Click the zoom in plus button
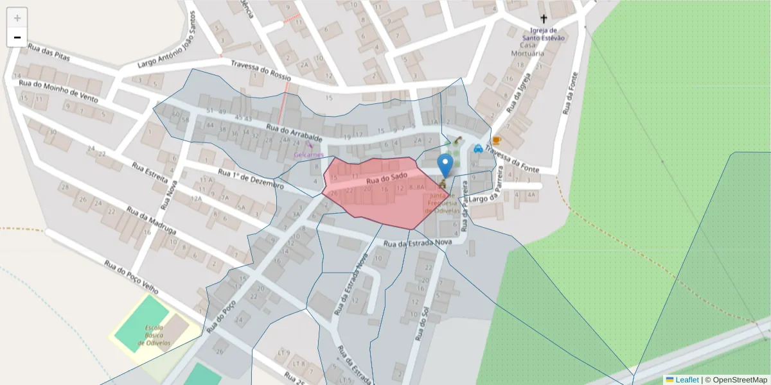[17, 18]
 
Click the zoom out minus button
[17, 37]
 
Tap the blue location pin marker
[445, 166]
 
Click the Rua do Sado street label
[388, 177]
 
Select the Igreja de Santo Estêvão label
[547, 34]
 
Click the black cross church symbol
[544, 19]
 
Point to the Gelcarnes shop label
[308, 155]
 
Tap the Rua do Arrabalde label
[294, 133]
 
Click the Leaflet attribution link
[686, 380]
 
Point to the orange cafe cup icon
[496, 141]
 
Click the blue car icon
[478, 148]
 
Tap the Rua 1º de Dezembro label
[251, 179]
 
